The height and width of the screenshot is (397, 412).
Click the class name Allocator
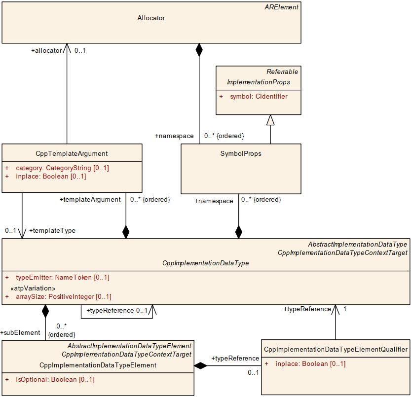pyautogui.click(x=151, y=18)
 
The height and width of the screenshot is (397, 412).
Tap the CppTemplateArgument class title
pyautogui.click(x=72, y=153)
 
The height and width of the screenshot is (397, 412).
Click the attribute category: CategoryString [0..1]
pyautogui.click(x=62, y=168)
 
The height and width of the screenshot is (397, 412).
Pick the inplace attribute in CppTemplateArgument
pyautogui.click(x=51, y=176)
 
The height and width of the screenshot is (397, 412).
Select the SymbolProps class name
pyautogui.click(x=241, y=153)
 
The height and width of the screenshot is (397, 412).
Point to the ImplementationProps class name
pyautogui.click(x=258, y=82)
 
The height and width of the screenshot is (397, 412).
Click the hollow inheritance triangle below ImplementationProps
pyautogui.click(x=270, y=120)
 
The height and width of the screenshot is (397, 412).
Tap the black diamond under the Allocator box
pyautogui.click(x=199, y=49)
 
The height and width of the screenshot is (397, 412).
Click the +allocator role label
pyautogui.click(x=46, y=50)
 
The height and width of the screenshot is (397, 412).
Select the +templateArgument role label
pyautogui.click(x=90, y=200)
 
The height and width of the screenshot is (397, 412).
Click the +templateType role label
pyautogui.click(x=52, y=230)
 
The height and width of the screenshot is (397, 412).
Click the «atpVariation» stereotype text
pyautogui.click(x=33, y=288)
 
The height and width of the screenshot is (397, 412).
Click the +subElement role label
pyautogui.click(x=20, y=332)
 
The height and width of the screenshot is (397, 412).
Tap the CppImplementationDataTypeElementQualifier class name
pyautogui.click(x=336, y=349)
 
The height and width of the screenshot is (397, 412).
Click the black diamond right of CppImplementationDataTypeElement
pyautogui.click(x=200, y=365)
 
